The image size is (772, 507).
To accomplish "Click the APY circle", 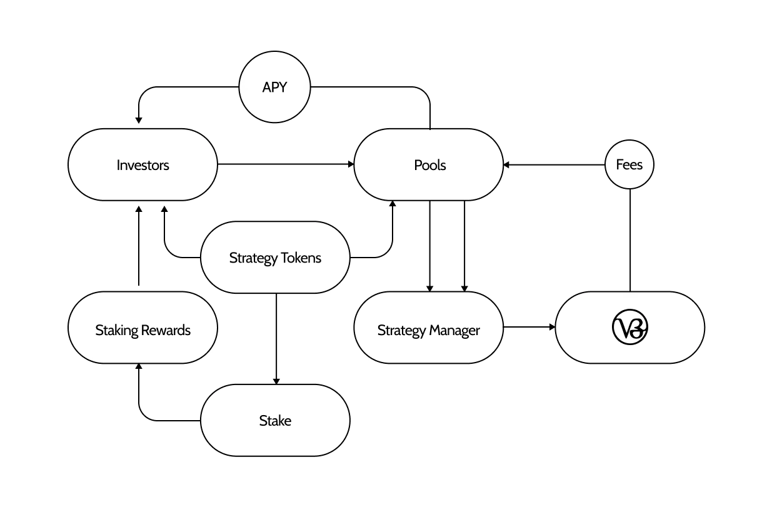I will [x=274, y=87].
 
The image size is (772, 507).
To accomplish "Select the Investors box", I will [x=143, y=165].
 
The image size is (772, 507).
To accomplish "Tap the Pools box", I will [x=429, y=165].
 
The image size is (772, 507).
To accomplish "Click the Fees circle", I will [x=629, y=165].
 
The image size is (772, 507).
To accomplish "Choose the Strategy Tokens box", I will [x=275, y=258].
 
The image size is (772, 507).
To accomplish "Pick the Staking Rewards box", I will [x=143, y=329].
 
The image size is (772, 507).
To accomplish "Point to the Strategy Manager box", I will [x=429, y=329].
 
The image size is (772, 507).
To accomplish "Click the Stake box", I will [x=275, y=420].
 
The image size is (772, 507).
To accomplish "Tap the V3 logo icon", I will [x=629, y=328].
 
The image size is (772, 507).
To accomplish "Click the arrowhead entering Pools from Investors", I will [x=351, y=164].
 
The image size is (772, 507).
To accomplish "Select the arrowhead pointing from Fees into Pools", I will [x=507, y=165].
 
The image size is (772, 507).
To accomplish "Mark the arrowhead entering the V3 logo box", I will [x=552, y=327].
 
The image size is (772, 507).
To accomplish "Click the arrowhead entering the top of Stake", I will [x=276, y=381].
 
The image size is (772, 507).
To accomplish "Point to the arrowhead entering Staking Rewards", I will [x=139, y=367].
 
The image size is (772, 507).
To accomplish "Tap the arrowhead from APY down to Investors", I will [x=139, y=119].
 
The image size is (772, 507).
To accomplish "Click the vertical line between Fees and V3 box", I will [x=629, y=241].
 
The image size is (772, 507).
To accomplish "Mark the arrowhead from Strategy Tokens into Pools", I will [x=393, y=204].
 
